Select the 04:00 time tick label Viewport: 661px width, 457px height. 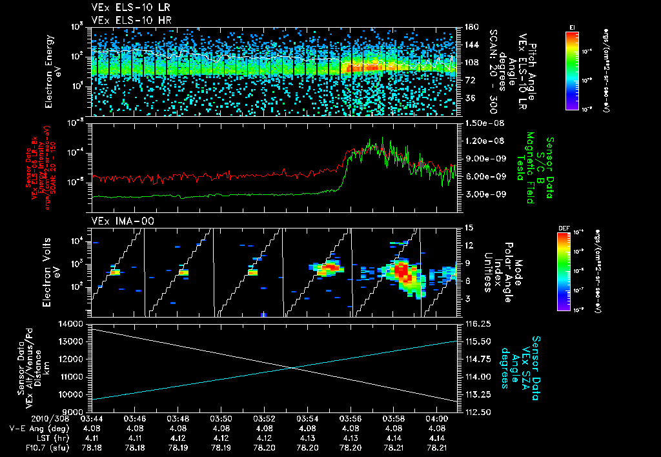point(436,418)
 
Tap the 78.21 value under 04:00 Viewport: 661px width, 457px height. point(436,447)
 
